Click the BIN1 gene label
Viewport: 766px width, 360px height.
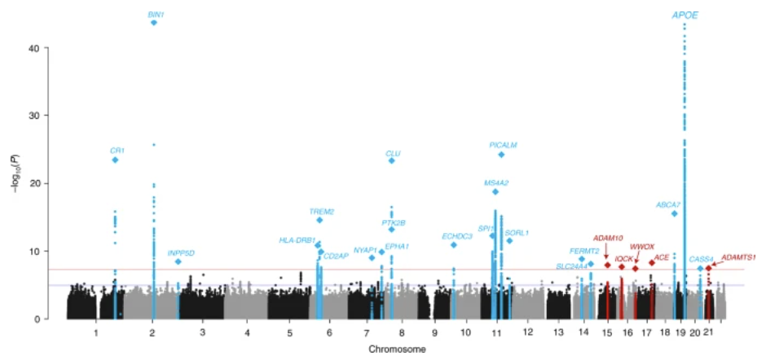click(154, 15)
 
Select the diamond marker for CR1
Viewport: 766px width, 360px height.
click(116, 160)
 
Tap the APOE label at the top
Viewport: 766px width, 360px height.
click(685, 15)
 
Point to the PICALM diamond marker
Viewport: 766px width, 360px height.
click(501, 155)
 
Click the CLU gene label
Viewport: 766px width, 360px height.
click(393, 153)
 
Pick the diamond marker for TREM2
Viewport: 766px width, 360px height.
click(319, 220)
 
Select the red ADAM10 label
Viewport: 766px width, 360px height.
click(608, 238)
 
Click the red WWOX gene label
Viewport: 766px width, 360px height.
click(642, 246)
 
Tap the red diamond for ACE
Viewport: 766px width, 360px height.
click(652, 263)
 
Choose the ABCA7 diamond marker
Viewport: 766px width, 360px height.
click(674, 213)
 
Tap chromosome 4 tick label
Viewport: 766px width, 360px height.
click(246, 333)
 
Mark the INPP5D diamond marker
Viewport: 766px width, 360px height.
click(178, 261)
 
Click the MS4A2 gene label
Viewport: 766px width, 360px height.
click(496, 182)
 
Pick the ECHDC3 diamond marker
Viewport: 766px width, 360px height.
click(454, 245)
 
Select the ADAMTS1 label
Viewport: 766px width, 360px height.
click(738, 257)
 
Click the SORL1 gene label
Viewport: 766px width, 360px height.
click(517, 232)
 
